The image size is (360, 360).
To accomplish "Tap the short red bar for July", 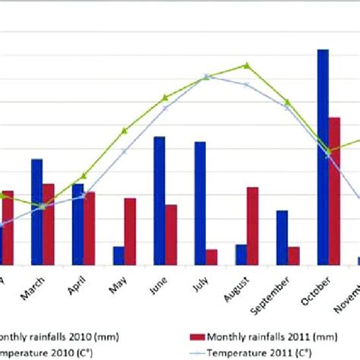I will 211,257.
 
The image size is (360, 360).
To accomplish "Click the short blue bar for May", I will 118,256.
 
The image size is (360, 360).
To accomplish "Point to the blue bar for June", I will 159,201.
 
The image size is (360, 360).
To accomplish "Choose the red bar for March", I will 48,224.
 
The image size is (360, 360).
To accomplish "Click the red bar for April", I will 90,229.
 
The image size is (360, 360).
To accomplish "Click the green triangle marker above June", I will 165,97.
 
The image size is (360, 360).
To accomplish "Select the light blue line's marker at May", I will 124,151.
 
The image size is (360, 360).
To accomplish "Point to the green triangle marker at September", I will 287,102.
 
